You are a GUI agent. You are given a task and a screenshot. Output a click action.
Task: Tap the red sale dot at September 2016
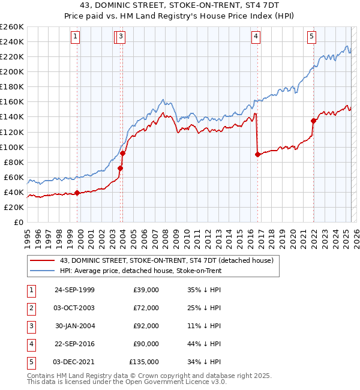point(257,154)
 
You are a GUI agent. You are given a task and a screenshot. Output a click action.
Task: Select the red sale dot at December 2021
point(313,121)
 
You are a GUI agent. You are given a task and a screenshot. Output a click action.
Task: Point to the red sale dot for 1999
point(77,193)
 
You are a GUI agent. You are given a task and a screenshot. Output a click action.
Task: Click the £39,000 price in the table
point(146,290)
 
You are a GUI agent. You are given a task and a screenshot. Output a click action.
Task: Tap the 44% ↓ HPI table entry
point(205,344)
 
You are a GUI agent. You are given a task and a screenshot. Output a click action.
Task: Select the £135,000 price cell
point(144,362)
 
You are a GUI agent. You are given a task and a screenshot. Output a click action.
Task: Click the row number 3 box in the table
point(31,326)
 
